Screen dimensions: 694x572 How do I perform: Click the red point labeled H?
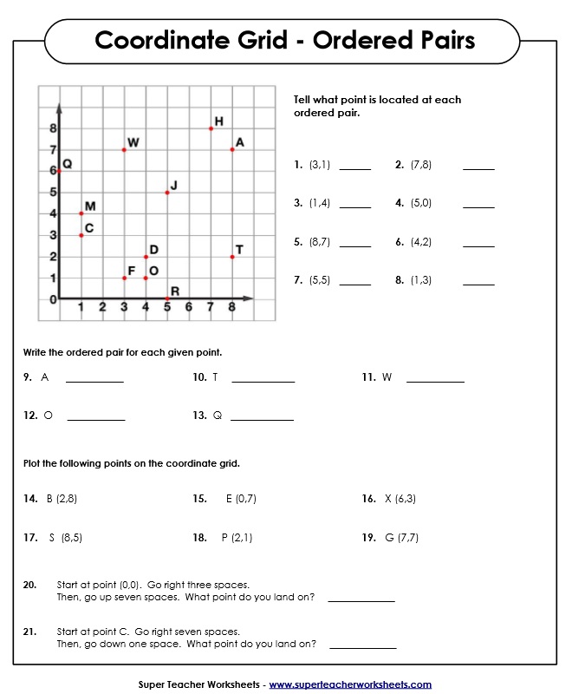pos(211,128)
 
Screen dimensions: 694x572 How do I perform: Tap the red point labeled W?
pos(124,150)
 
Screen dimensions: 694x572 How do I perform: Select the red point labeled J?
pos(167,193)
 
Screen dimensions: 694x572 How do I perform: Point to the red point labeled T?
pos(232,257)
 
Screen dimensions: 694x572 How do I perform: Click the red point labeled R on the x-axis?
pos(167,299)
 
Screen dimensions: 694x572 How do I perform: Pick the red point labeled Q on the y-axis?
pos(59,172)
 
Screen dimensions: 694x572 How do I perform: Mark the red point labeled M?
pos(81,213)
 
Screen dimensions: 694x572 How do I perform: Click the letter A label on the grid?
pos(240,142)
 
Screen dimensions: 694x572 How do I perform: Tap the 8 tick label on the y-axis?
pos(52,128)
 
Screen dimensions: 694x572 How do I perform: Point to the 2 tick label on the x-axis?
pos(102,307)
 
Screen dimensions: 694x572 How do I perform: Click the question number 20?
pos(29,585)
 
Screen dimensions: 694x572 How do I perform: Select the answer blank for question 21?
pos(362,647)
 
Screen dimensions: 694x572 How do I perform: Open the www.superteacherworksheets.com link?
pos(350,684)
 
